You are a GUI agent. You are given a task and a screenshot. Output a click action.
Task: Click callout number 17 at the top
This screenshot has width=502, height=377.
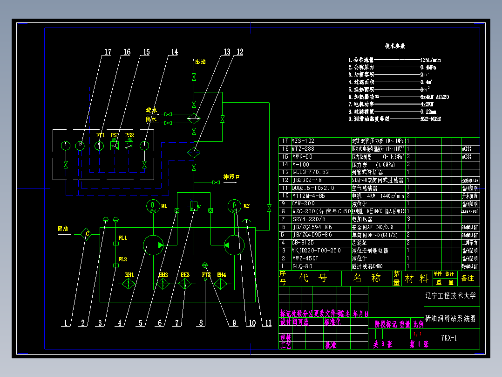[x=108, y=52]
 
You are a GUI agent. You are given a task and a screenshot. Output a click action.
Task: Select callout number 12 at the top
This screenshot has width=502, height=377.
[x=239, y=52]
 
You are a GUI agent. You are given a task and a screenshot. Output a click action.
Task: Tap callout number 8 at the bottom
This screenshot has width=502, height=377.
[x=201, y=322]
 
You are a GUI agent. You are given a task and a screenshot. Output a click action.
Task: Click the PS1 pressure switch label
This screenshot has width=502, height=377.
[x=115, y=135]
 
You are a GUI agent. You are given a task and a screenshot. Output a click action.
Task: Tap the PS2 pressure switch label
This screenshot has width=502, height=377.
[x=129, y=135]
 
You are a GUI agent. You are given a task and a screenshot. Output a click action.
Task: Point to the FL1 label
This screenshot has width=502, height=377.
[x=122, y=238]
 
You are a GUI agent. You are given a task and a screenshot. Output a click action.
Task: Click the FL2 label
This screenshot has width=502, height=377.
[x=122, y=259]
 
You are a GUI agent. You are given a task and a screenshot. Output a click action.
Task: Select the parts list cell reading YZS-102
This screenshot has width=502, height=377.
[x=303, y=140]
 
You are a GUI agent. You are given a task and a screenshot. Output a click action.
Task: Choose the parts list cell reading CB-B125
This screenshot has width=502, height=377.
[x=303, y=243]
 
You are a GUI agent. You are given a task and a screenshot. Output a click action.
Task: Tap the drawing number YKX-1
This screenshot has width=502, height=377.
[x=449, y=338]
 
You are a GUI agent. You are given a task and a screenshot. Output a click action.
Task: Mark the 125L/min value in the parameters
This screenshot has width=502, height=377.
[x=431, y=60]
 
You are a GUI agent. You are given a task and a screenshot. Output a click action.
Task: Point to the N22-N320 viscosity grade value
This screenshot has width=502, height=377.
[x=430, y=119]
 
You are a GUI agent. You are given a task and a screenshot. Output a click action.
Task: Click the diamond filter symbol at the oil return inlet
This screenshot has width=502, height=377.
[x=87, y=235]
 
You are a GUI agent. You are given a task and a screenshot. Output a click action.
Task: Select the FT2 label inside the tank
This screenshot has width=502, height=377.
[x=206, y=275]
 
